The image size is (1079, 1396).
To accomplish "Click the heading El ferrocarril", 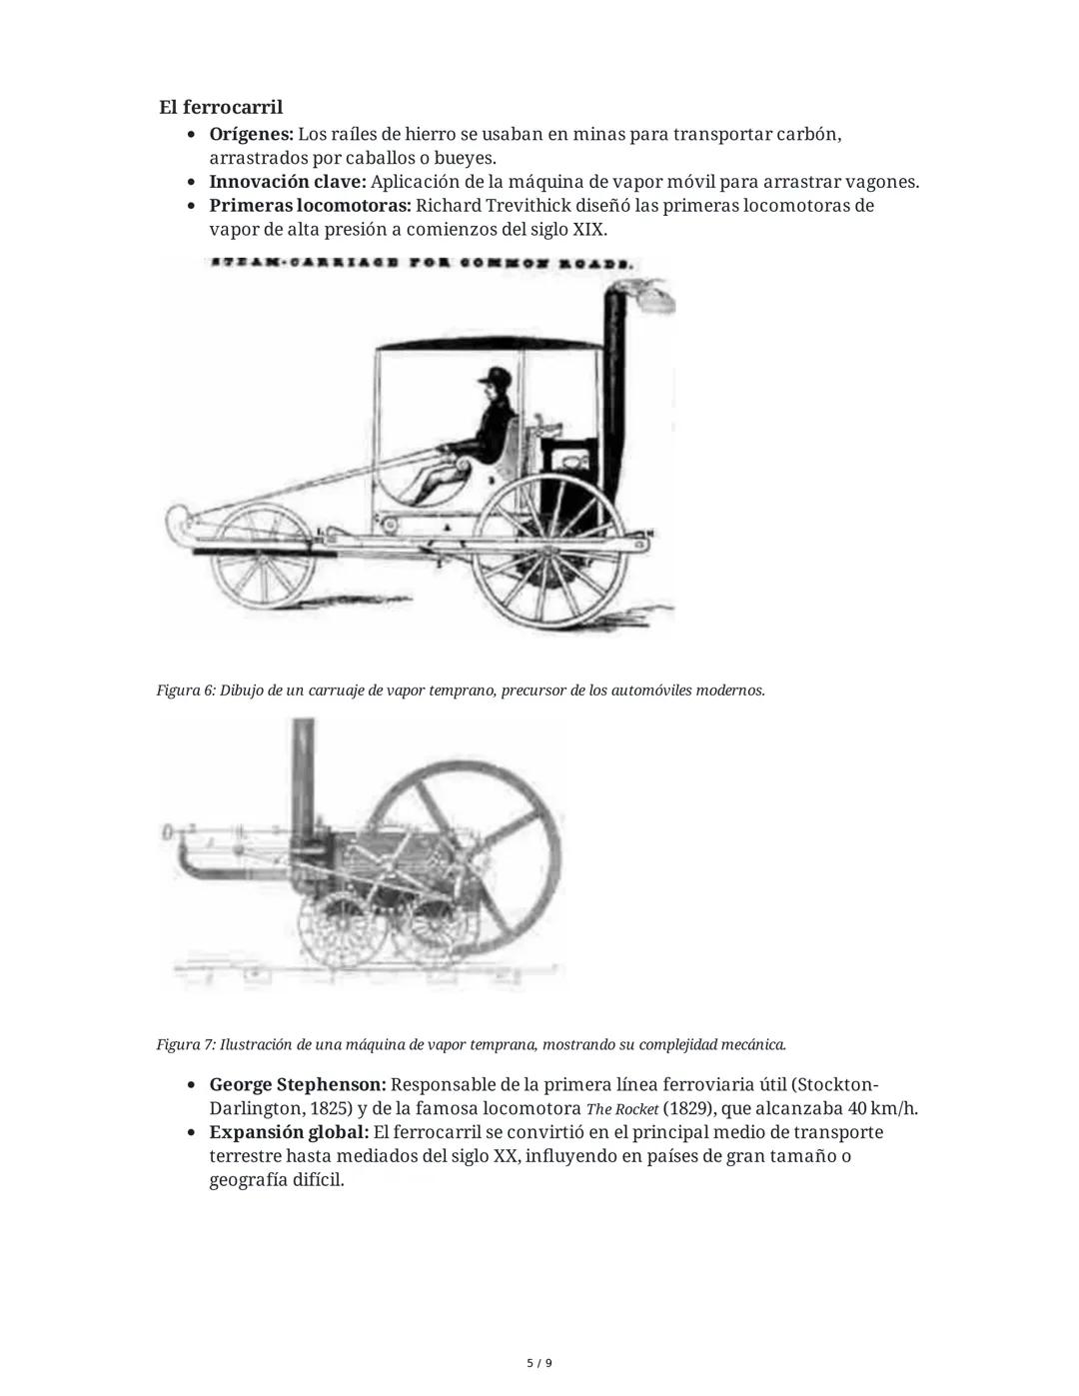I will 221,107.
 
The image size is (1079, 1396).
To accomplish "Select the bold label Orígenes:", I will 251,134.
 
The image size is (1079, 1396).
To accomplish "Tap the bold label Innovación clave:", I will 288,182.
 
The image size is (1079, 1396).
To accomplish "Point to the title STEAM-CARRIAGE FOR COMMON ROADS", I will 421,265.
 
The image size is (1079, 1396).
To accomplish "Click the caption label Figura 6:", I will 186,691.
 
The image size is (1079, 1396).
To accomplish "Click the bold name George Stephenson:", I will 297,1085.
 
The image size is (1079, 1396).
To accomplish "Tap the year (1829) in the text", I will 688,1109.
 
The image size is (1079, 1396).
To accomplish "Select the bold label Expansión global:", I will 289,1133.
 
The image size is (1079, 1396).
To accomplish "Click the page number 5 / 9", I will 539,1363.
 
